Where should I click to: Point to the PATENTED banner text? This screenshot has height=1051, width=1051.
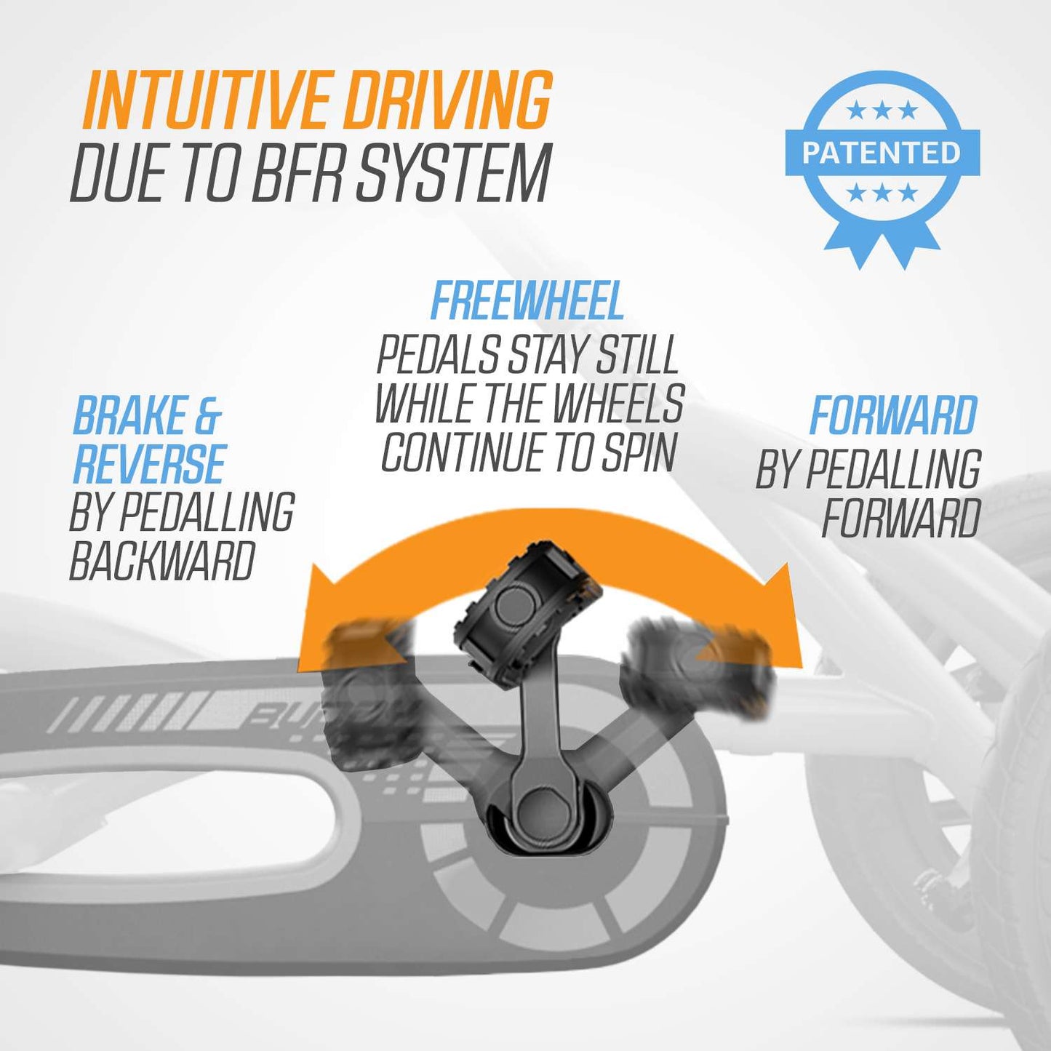pyautogui.click(x=882, y=153)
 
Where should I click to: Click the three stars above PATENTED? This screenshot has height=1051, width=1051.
pyautogui.click(x=882, y=111)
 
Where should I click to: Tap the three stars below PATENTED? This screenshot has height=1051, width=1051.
pyautogui.click(x=882, y=193)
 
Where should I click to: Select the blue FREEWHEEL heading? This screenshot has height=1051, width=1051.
pyautogui.click(x=527, y=301)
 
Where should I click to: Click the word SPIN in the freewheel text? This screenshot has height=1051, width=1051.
pyautogui.click(x=639, y=452)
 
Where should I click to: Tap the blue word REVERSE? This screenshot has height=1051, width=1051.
pyautogui.click(x=150, y=464)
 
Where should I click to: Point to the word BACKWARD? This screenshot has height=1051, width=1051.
pyautogui.click(x=162, y=561)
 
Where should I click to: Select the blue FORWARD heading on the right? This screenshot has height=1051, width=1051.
pyautogui.click(x=893, y=416)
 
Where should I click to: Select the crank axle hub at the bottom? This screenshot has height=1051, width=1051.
pyautogui.click(x=540, y=807)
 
